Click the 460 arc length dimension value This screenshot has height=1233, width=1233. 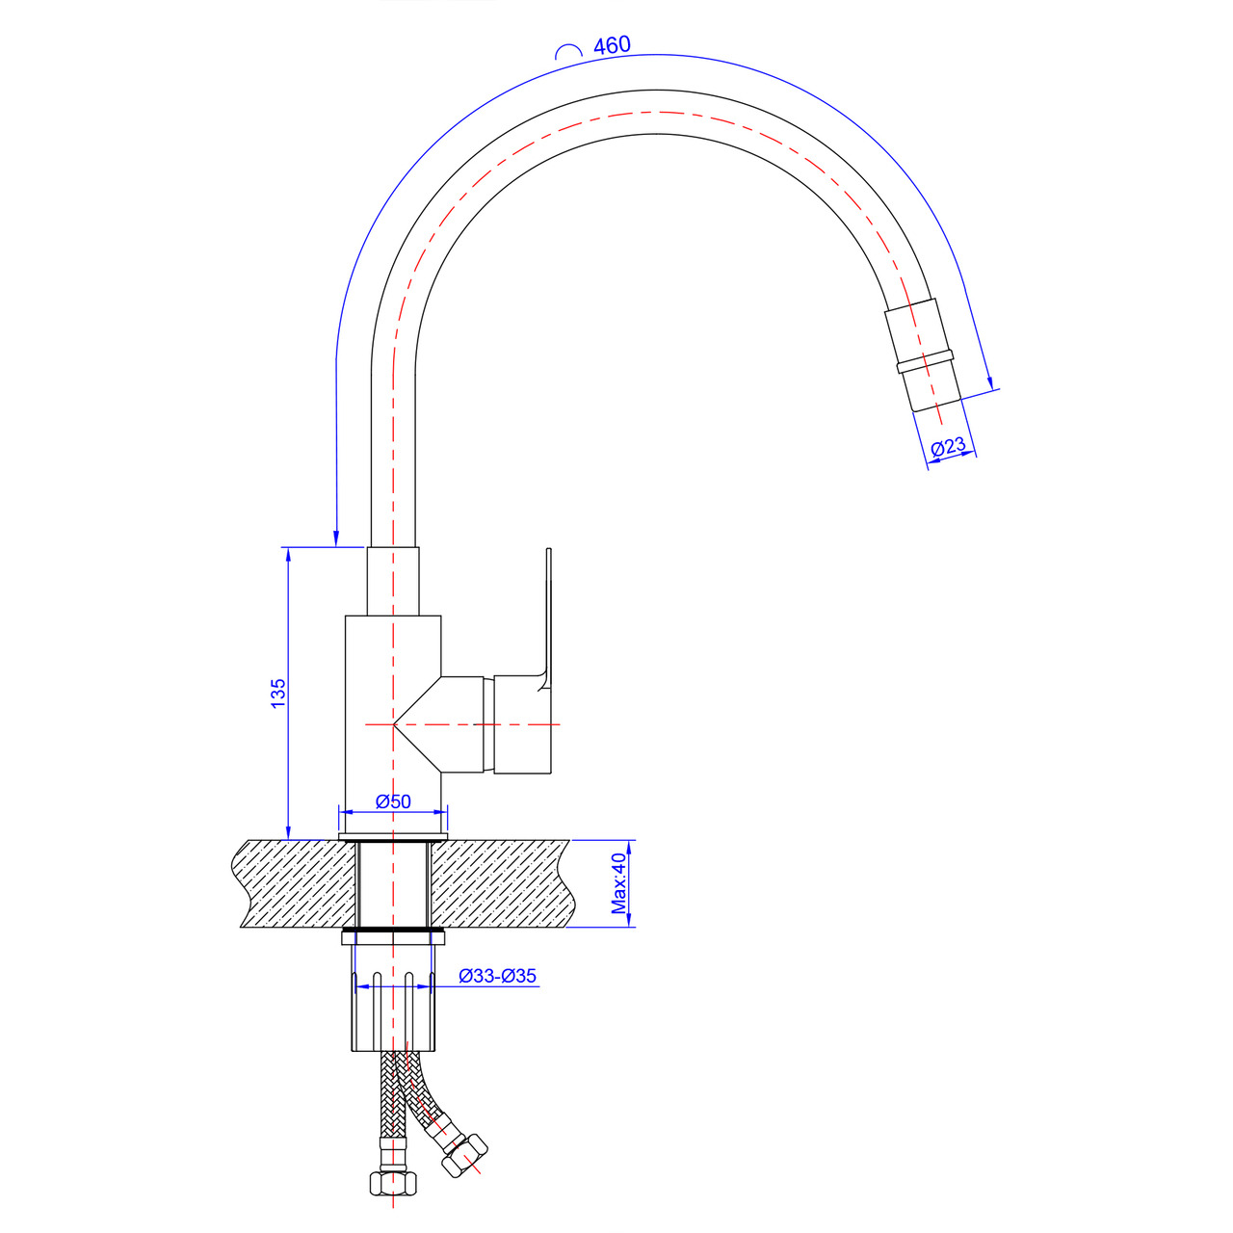612,45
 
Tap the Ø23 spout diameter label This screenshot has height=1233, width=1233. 948,446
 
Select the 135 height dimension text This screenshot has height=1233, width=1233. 278,694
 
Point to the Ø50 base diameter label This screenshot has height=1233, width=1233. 393,801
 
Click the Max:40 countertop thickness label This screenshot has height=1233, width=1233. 618,883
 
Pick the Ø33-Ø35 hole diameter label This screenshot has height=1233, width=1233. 497,976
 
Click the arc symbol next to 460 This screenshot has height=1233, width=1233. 568,52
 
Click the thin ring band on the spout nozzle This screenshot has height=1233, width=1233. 925,361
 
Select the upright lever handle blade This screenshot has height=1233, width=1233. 546,618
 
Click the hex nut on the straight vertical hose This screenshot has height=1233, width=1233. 393,1183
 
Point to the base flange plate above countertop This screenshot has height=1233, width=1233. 393,836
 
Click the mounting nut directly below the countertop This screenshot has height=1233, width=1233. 393,937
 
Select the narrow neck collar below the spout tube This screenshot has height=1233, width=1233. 393,581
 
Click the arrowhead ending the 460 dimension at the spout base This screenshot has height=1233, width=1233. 336,538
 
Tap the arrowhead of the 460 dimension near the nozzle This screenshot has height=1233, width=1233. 990,381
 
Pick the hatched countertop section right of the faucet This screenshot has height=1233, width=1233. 503,883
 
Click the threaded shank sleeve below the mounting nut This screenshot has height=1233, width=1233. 393,1010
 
